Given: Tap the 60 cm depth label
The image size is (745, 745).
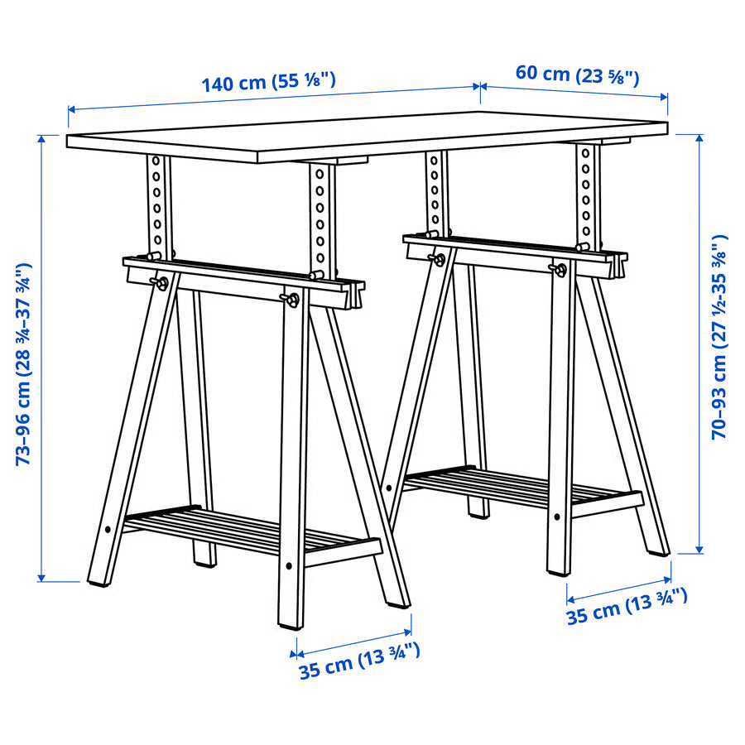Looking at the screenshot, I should [577, 73].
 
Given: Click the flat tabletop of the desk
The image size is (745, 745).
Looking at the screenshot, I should [364, 137].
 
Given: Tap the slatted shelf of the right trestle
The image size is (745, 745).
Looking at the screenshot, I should [521, 488].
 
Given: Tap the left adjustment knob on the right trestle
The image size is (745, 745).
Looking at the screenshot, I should [436, 259].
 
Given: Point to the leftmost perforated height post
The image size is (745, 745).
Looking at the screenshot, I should [157, 203].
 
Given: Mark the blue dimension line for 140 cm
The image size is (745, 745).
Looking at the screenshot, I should [273, 97].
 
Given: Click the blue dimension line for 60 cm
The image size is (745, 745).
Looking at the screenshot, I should [574, 91].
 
